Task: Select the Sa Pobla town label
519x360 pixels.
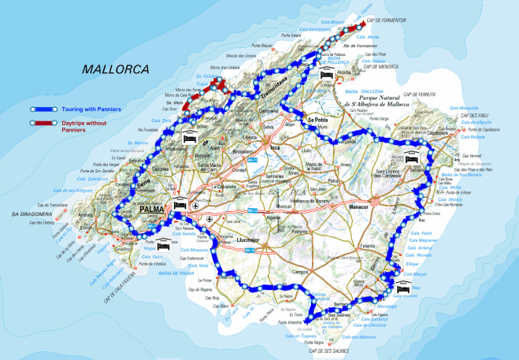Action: coord(317,120)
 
